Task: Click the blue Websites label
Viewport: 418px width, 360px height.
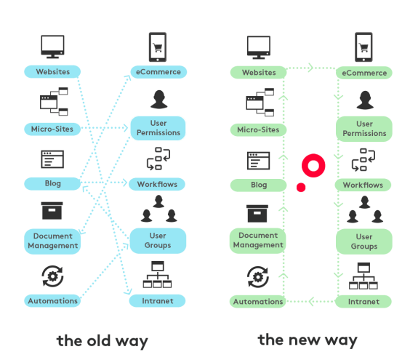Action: click(52, 72)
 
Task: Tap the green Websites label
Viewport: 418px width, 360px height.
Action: click(258, 73)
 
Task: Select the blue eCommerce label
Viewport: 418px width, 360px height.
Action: click(158, 72)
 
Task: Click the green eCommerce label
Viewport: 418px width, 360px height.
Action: click(363, 73)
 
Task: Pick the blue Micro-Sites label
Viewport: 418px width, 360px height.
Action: click(52, 129)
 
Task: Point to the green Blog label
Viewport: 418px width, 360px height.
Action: click(258, 185)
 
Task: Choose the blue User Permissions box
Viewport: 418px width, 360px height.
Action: click(158, 128)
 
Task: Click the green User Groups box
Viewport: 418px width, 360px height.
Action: click(363, 241)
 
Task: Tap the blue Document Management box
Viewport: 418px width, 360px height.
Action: click(52, 241)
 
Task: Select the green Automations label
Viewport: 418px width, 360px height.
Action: click(258, 301)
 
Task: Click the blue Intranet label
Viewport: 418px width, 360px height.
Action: click(158, 300)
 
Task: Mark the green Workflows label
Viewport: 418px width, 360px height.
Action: click(363, 185)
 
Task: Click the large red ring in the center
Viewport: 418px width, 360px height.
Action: click(313, 166)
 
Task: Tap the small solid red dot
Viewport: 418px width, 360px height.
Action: click(301, 188)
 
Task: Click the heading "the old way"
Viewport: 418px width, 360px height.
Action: click(102, 340)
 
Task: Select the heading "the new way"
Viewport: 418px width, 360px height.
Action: click(308, 340)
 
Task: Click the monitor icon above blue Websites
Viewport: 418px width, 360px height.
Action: click(52, 47)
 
